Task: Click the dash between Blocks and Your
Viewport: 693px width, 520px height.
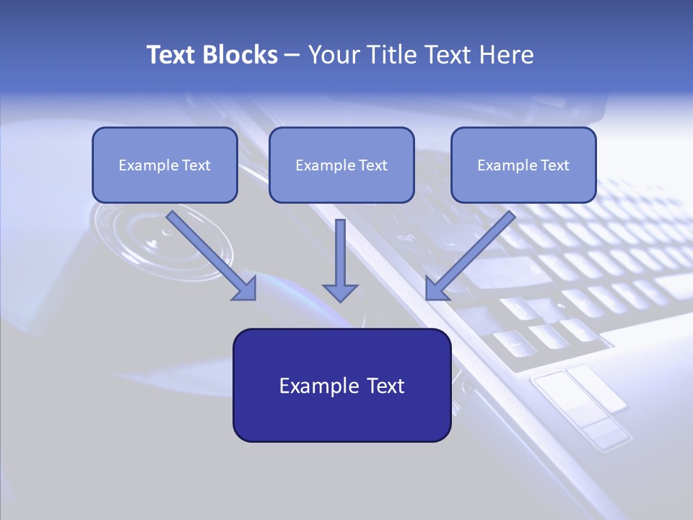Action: point(292,56)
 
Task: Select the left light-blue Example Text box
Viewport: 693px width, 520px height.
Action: point(165,165)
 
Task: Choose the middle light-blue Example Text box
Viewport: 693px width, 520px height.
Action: point(341,165)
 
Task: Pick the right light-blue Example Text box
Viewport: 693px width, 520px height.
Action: point(523,165)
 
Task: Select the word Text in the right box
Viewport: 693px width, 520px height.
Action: point(554,165)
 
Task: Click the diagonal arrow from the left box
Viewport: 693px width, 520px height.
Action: point(213,256)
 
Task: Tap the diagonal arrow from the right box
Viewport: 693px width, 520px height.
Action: point(469,256)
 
